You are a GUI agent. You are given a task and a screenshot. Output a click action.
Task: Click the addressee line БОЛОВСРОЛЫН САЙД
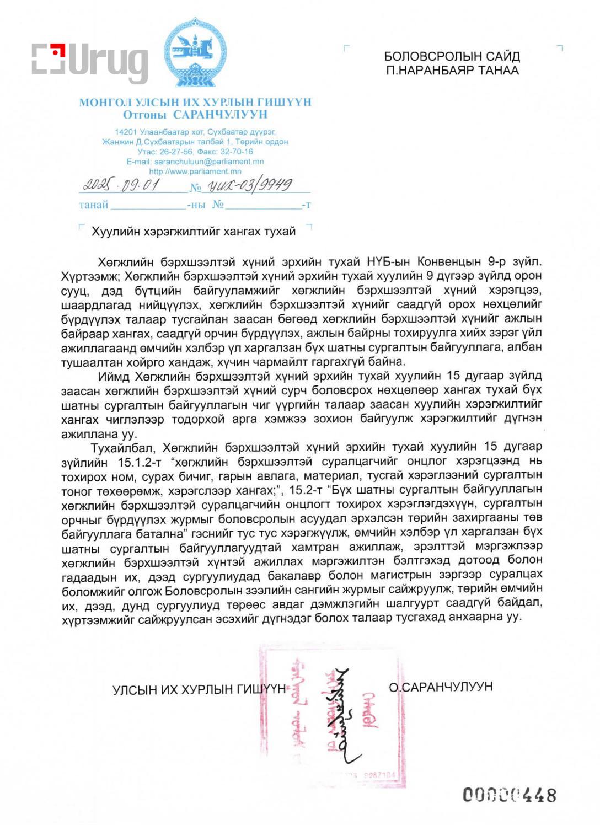[452, 56]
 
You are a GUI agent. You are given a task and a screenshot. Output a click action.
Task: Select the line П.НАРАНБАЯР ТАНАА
[452, 70]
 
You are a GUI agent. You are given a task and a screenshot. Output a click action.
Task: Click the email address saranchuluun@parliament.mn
[209, 162]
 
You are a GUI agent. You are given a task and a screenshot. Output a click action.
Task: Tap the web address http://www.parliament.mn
[195, 172]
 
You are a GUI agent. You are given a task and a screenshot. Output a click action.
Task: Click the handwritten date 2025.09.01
[121, 185]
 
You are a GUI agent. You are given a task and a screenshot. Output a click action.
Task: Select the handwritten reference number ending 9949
[249, 185]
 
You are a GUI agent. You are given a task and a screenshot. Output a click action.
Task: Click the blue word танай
[93, 205]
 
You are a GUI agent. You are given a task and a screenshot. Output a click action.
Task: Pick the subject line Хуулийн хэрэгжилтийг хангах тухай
[194, 232]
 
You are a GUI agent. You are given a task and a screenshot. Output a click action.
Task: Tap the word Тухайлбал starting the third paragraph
[123, 447]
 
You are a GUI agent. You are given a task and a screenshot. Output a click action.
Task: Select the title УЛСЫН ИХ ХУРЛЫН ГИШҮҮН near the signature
[199, 690]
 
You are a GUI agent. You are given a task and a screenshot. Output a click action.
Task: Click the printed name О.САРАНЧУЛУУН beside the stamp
[441, 687]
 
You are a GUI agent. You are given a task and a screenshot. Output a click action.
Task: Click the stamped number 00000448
[509, 795]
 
